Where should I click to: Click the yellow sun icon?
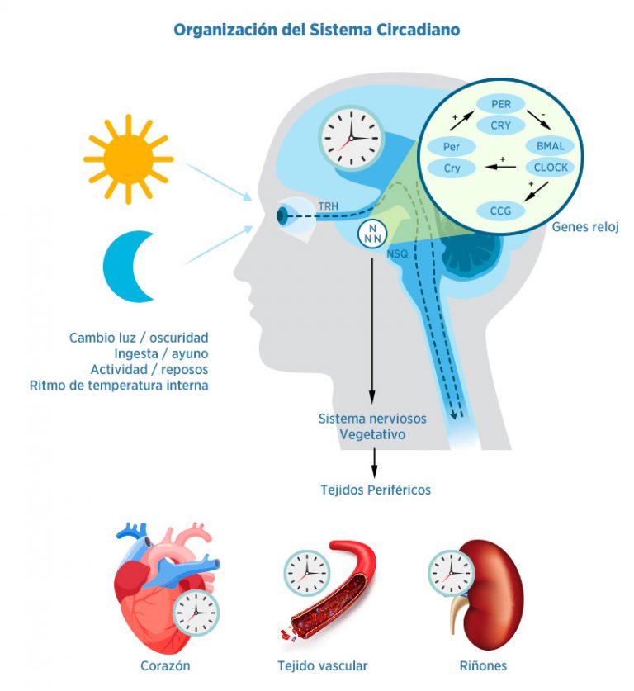128,159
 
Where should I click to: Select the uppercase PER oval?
501,105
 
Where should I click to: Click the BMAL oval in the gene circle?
549,147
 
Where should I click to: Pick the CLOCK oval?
550,168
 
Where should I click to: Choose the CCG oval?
501,211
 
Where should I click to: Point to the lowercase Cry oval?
452,168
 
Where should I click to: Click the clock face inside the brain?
351,139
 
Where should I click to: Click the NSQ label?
397,255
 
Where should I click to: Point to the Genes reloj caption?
584,228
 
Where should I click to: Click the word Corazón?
165,665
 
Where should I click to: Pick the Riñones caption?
483,665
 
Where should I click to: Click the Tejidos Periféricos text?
375,490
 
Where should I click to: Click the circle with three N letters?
372,234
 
